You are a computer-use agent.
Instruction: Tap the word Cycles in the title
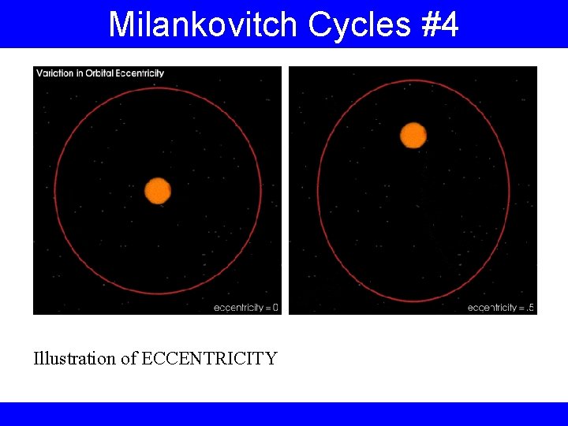360,25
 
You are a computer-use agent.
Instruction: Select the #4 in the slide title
440,25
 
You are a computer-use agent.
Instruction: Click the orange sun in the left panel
158,191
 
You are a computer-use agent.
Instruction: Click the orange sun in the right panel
413,135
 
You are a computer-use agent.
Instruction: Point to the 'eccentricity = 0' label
246,308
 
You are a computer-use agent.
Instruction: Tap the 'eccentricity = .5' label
501,308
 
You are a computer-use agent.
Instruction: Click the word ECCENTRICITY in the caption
209,359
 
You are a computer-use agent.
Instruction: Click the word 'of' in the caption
129,359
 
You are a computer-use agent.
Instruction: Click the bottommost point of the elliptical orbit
413,301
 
